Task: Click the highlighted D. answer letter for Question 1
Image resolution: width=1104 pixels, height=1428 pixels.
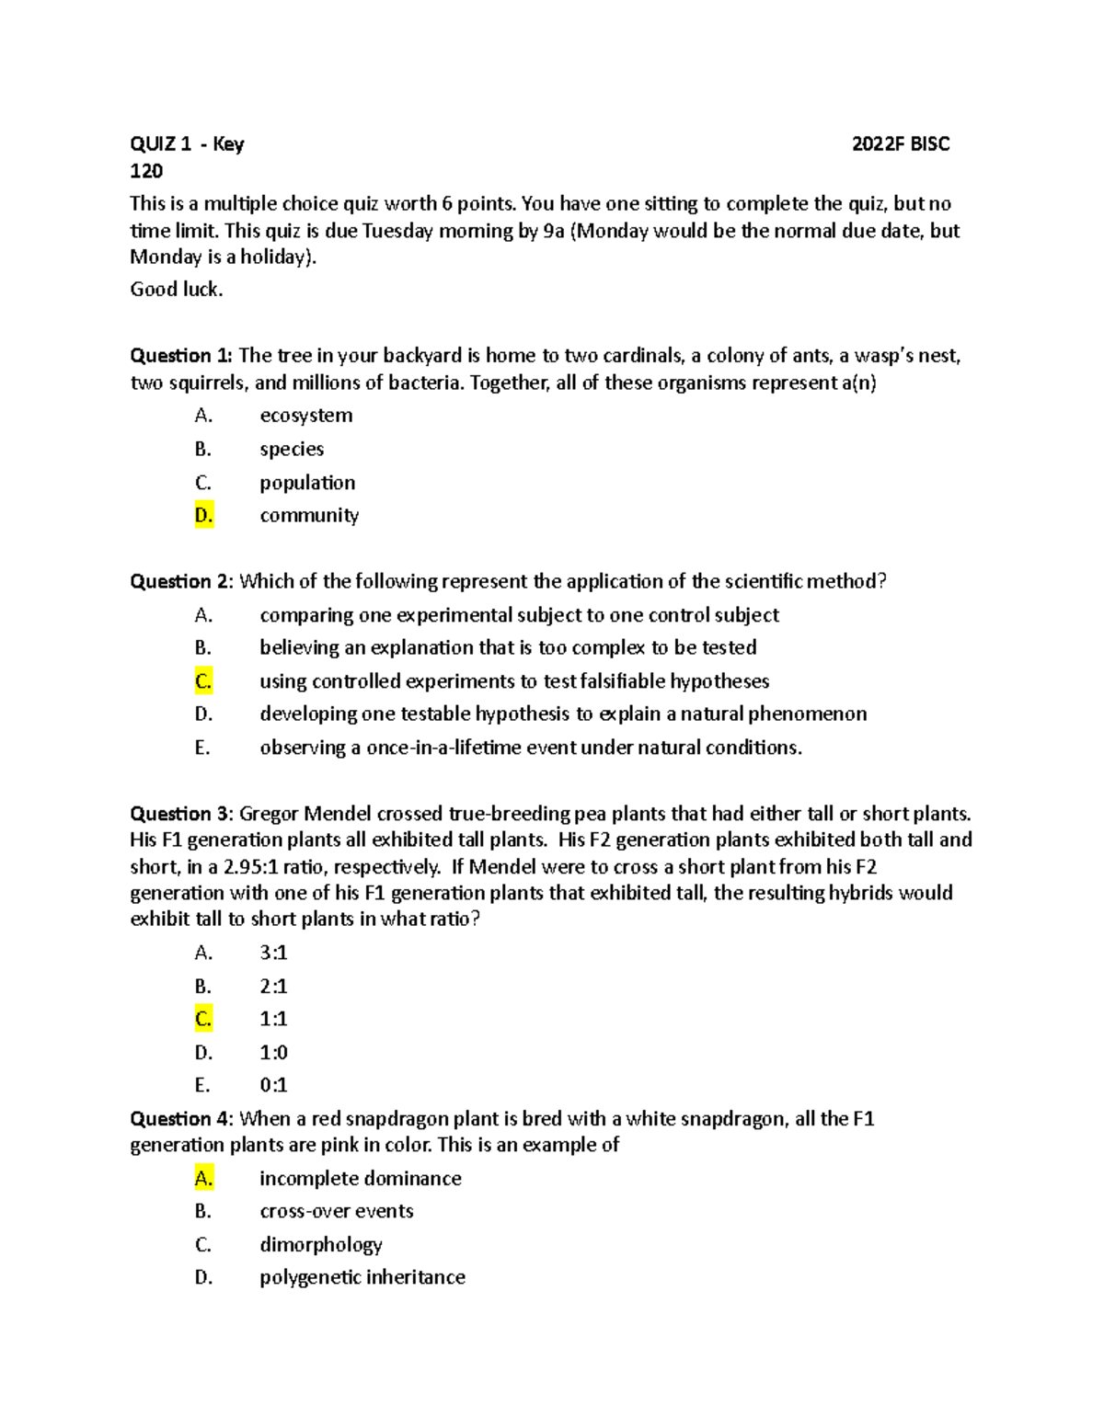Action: [x=203, y=516]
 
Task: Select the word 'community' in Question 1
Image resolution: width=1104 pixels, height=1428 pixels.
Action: [x=309, y=516]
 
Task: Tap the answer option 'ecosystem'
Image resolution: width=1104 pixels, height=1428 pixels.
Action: [x=305, y=416]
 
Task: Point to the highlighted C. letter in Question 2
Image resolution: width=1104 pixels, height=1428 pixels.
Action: [x=203, y=681]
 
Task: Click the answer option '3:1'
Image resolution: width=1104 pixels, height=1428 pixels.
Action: [x=273, y=954]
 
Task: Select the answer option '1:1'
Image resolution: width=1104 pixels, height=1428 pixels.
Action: [x=273, y=1019]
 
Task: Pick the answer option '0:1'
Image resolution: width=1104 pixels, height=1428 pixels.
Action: [x=273, y=1085]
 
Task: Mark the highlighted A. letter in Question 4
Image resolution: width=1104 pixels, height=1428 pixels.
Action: [x=203, y=1179]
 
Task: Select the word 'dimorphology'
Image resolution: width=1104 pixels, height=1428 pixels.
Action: [x=320, y=1245]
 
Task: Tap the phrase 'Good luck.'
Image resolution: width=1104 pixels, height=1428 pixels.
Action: [x=177, y=290]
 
